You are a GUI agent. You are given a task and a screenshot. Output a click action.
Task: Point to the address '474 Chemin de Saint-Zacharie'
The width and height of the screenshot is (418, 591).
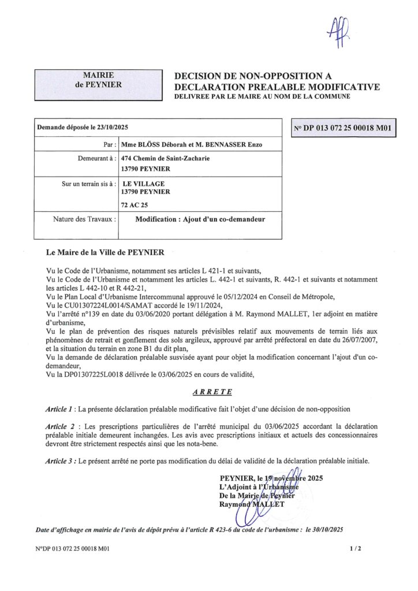tap(162, 158)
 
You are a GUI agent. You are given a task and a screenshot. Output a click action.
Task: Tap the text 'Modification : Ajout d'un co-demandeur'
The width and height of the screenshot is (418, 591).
tap(200, 219)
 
